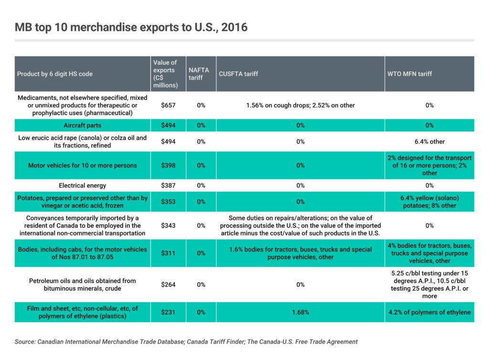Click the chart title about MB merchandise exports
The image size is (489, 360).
pos(131,27)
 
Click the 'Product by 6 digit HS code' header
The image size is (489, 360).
pos(55,74)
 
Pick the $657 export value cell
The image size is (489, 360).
pos(169,105)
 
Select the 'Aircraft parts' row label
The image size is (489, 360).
pos(82,126)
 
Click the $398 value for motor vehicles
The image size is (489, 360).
pos(169,165)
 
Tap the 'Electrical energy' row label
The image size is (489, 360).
pos(82,185)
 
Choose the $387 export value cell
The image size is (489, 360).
pos(169,185)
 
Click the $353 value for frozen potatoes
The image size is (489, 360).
pos(169,201)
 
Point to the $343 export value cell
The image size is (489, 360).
pos(169,225)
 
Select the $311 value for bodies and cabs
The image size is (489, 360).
pos(169,253)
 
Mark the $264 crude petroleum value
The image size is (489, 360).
pos(169,285)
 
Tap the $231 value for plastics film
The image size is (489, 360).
pos(169,312)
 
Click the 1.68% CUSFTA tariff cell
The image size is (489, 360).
pos(300,312)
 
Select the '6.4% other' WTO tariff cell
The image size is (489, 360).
pos(429,141)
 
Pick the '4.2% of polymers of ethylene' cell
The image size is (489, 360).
pos(429,312)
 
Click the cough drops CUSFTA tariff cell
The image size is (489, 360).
pos(300,105)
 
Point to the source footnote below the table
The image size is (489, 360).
pos(186,342)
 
